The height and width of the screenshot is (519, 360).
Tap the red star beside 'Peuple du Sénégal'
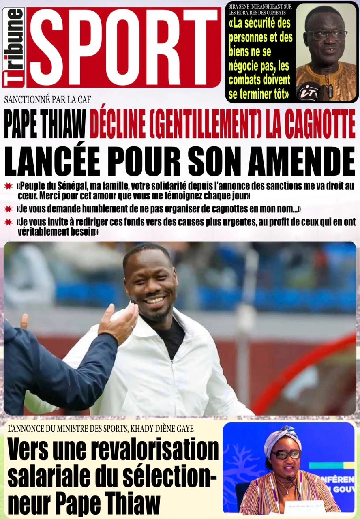(x=8, y=186)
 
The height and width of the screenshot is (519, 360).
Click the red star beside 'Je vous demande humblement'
(x=8, y=209)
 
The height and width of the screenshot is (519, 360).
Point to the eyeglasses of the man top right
(x=327, y=35)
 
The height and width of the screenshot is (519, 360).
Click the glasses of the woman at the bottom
(x=286, y=454)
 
